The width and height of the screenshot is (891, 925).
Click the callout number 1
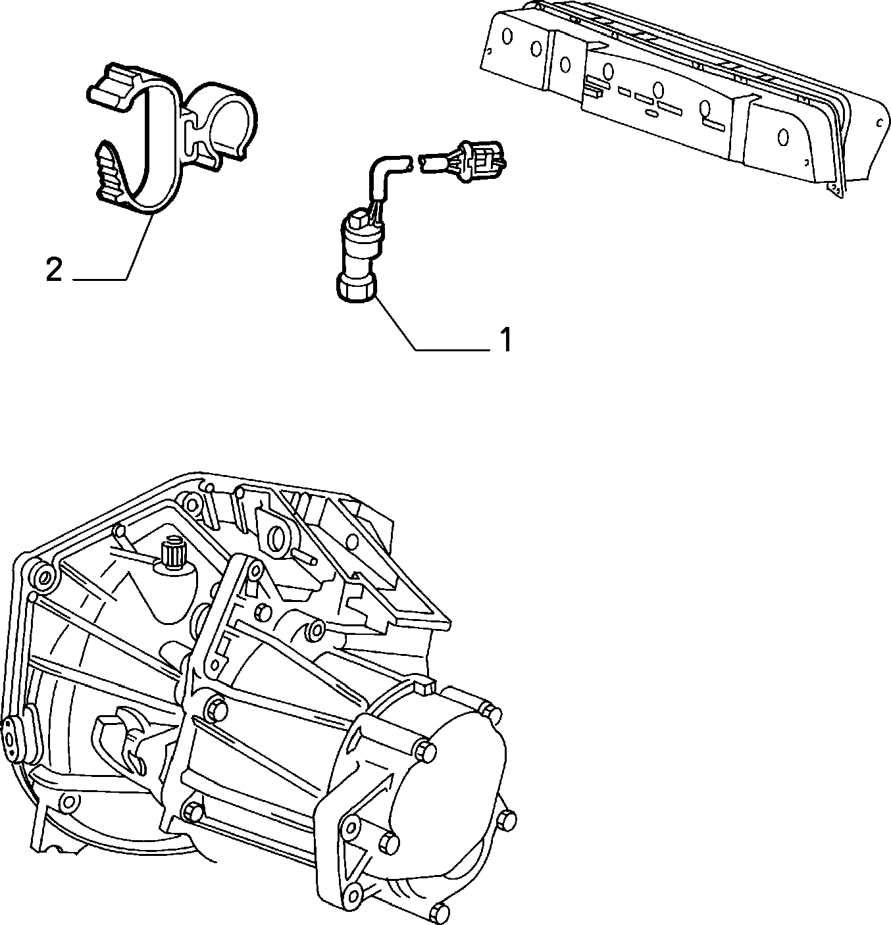(x=505, y=339)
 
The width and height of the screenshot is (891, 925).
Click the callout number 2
(x=54, y=270)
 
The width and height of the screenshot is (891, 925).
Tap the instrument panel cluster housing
(x=684, y=95)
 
